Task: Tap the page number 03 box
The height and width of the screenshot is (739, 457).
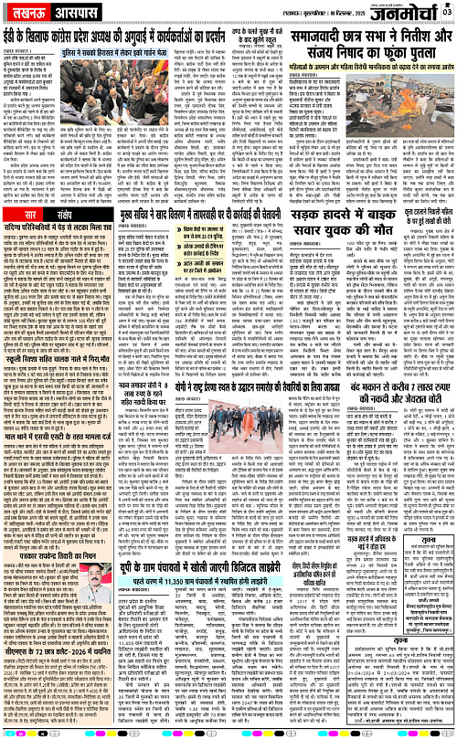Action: tap(448, 8)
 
